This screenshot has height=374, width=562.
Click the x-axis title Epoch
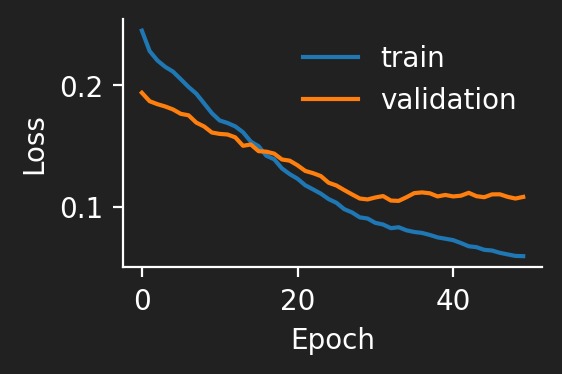[x=332, y=340]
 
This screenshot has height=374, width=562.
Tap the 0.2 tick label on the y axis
[x=81, y=87]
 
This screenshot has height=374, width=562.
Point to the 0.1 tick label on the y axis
[x=81, y=208]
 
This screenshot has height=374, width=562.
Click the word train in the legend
[x=412, y=57]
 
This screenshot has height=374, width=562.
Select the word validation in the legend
[x=448, y=99]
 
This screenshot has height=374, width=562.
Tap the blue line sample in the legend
[x=331, y=57]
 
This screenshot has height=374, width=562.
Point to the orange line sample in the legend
[x=331, y=99]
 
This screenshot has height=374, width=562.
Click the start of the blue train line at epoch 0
[x=142, y=30]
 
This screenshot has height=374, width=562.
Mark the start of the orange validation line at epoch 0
[x=142, y=93]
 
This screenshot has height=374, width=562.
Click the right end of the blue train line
[x=523, y=256]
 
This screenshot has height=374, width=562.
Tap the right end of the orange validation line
[x=523, y=196]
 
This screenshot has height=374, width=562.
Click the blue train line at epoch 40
[x=453, y=241]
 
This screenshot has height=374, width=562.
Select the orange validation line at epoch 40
[x=453, y=196]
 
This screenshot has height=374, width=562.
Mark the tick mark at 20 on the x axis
[x=297, y=271]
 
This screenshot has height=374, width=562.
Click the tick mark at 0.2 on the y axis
[x=120, y=86]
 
